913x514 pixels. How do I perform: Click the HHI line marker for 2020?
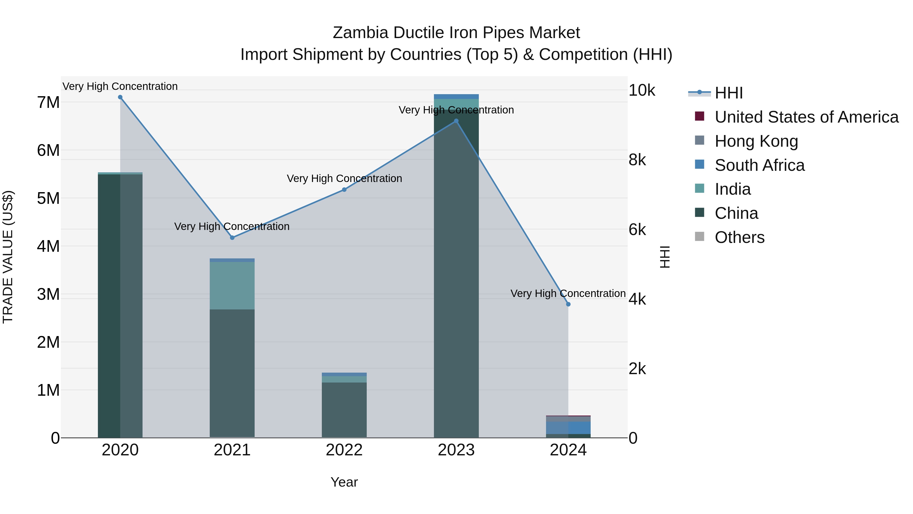[120, 97]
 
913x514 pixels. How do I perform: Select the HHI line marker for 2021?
[232, 238]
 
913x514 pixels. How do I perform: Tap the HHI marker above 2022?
[344, 190]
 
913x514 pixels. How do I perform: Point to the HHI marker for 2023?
[456, 121]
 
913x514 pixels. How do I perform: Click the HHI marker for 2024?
[568, 304]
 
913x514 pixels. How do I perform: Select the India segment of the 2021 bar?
[232, 286]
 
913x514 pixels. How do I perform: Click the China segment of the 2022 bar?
[344, 410]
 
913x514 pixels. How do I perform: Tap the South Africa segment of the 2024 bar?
[568, 428]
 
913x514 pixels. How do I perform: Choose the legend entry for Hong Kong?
[756, 141]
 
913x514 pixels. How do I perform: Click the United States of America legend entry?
[806, 117]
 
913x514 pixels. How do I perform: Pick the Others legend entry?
[739, 237]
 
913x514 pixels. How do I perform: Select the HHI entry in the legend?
[728, 93]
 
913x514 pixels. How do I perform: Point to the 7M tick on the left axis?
[48, 103]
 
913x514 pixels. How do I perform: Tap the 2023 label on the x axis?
[456, 450]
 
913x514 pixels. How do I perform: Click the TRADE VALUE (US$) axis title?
[8, 257]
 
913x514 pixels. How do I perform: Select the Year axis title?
[344, 482]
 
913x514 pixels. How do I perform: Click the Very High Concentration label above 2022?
[344, 178]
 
